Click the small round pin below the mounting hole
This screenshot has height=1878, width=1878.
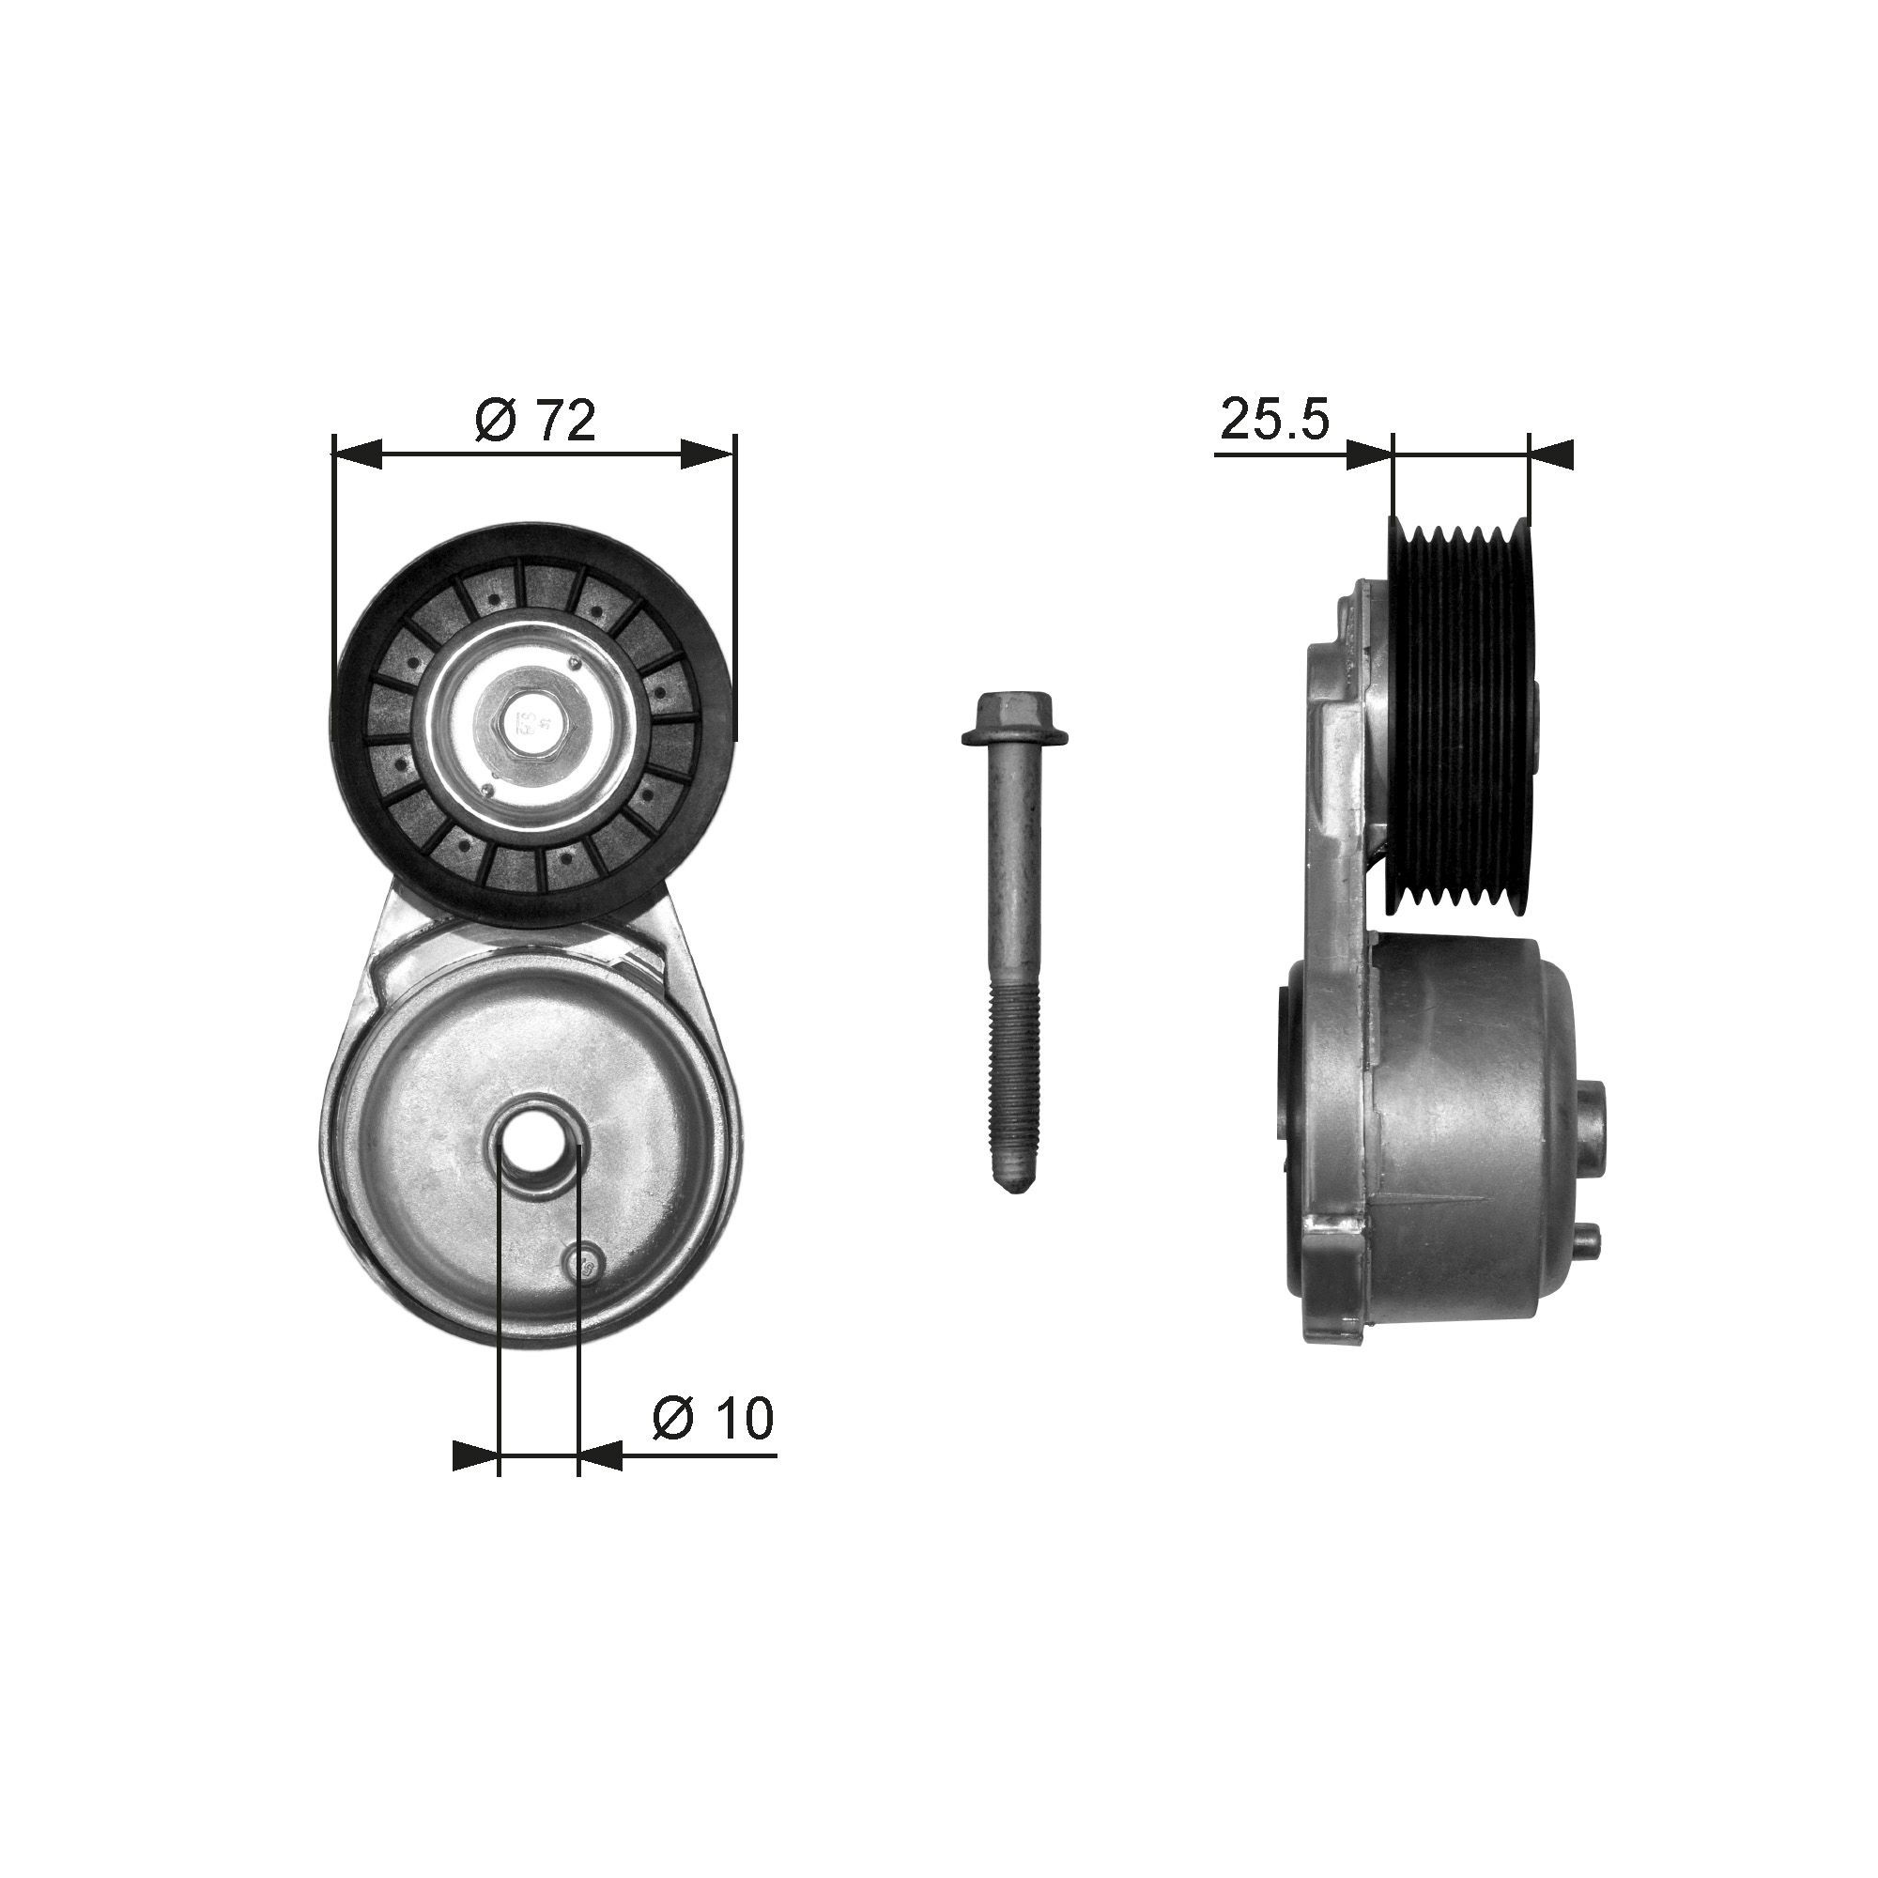(583, 1264)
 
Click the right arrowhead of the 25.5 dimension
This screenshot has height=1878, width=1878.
(1552, 454)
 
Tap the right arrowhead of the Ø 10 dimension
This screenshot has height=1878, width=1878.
(601, 1484)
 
